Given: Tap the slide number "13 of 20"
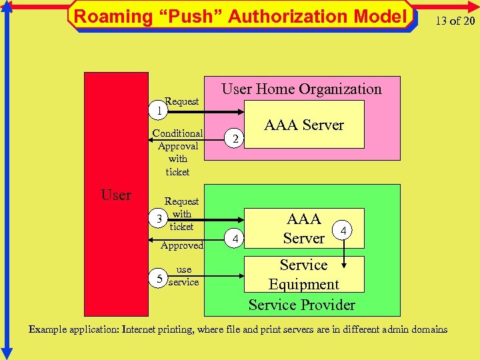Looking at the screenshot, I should coord(455,21).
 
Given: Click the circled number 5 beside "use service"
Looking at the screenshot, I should coord(159,278).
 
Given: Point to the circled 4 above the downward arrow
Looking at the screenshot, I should coord(343,231).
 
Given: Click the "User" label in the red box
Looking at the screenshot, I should coord(116,195).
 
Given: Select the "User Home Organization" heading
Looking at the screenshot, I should coord(301,89).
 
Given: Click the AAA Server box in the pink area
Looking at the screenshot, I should coord(304,125).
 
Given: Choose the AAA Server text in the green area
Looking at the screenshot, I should coord(303,229).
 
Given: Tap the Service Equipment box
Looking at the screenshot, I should coord(303,274).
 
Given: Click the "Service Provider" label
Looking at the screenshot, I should coord(301,305).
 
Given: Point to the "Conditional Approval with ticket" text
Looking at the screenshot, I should coord(177,152).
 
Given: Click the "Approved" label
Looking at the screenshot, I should coord(182,245).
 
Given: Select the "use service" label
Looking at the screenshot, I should coord(183,275).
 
